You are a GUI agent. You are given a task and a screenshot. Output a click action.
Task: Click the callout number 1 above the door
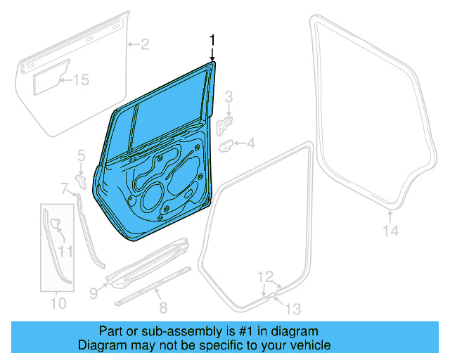click(212, 40)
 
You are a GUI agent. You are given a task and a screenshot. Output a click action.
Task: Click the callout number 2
click(144, 46)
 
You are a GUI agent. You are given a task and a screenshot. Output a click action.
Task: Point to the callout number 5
click(81, 154)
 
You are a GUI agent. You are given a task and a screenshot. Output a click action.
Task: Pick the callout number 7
click(64, 188)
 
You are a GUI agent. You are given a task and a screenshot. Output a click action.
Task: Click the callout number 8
click(163, 307)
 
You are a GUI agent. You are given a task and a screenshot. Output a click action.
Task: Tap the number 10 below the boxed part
click(58, 304)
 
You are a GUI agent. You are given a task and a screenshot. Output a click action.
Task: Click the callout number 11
click(65, 250)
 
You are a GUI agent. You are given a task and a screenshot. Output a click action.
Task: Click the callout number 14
click(390, 231)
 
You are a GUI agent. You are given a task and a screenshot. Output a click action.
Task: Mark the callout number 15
click(82, 80)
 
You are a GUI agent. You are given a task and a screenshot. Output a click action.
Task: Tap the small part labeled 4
click(228, 146)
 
